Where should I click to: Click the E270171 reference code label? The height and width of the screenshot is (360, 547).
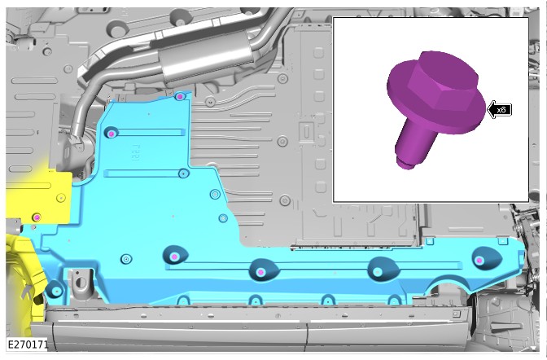pos(28,345)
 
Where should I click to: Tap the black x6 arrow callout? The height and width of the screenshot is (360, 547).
pos(499,110)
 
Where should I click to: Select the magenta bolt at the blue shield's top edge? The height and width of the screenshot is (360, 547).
pos(180,96)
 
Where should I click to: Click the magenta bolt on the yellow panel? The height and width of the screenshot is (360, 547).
pos(37,217)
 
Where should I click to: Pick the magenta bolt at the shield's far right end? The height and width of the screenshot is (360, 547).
pos(479,261)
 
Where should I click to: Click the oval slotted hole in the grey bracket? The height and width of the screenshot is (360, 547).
pos(80,282)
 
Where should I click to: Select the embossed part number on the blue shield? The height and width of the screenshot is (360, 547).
pos(135,152)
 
